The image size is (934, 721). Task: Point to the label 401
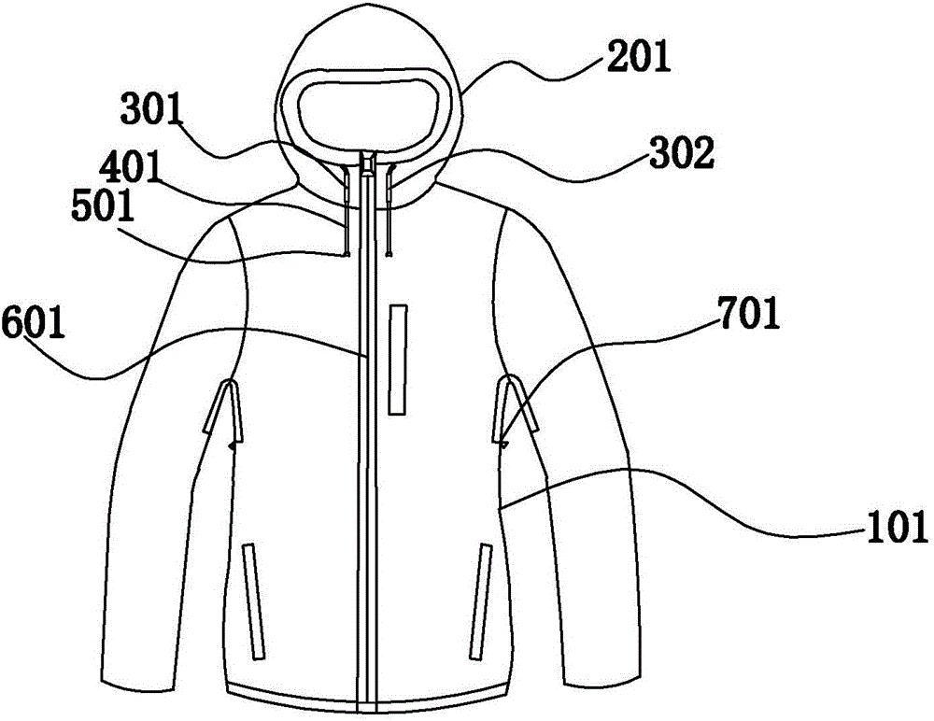(x=129, y=167)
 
